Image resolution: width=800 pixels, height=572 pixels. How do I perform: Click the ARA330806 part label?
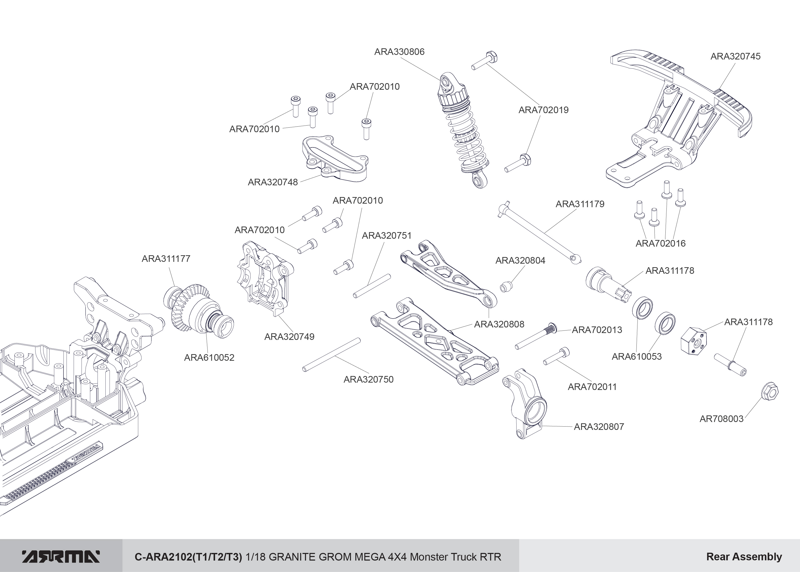click(399, 52)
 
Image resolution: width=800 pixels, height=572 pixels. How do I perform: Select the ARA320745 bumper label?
click(735, 56)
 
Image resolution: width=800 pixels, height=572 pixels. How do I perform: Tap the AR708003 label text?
click(721, 419)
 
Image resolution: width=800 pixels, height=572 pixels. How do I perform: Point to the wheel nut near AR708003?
click(769, 391)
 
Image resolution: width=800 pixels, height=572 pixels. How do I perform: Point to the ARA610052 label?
click(209, 357)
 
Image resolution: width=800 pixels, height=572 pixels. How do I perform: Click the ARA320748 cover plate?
click(334, 160)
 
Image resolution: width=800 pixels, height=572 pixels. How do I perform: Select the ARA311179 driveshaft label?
click(580, 204)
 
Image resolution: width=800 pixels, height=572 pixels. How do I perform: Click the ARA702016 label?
click(660, 243)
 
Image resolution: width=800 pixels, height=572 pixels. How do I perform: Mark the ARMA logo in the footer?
click(61, 556)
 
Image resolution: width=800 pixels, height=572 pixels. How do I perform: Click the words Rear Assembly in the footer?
click(744, 556)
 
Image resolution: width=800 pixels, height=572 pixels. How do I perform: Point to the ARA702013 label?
click(597, 330)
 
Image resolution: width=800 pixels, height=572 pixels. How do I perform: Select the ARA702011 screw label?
click(592, 387)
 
